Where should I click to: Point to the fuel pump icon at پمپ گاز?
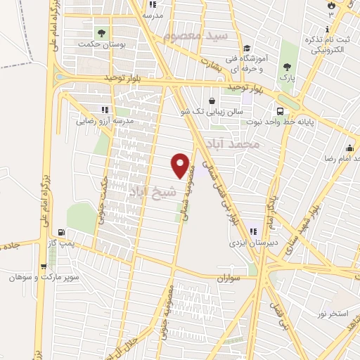pos(63,232)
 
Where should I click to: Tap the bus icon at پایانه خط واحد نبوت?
pos(280,111)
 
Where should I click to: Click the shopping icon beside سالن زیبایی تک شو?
pos(212,101)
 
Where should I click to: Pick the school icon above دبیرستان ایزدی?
pos(252,231)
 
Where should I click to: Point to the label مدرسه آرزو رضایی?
pos(105,121)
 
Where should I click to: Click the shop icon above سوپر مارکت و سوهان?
pos(44,266)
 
